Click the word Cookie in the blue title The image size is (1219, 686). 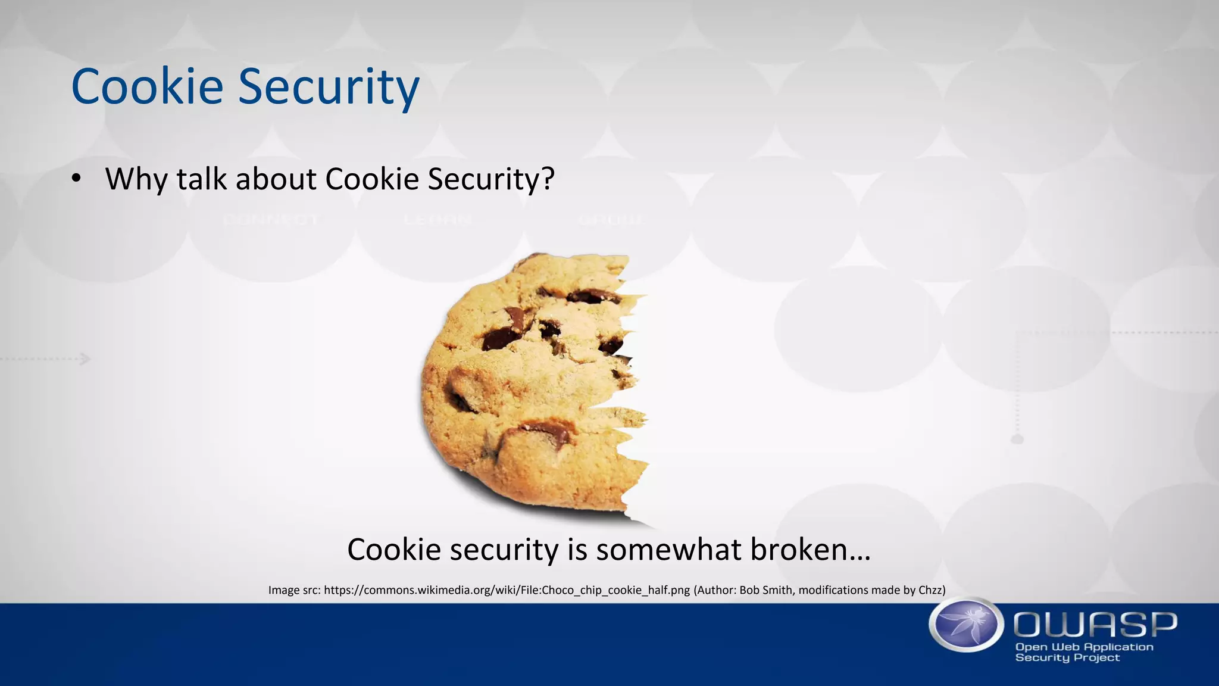(146, 87)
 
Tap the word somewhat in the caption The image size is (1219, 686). (669, 549)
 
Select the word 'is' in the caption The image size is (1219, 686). (577, 549)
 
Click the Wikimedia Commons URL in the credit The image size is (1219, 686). (507, 590)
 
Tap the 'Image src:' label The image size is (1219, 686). (294, 590)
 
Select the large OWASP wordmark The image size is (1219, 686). (1095, 624)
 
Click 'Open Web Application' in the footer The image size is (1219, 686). (1084, 647)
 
